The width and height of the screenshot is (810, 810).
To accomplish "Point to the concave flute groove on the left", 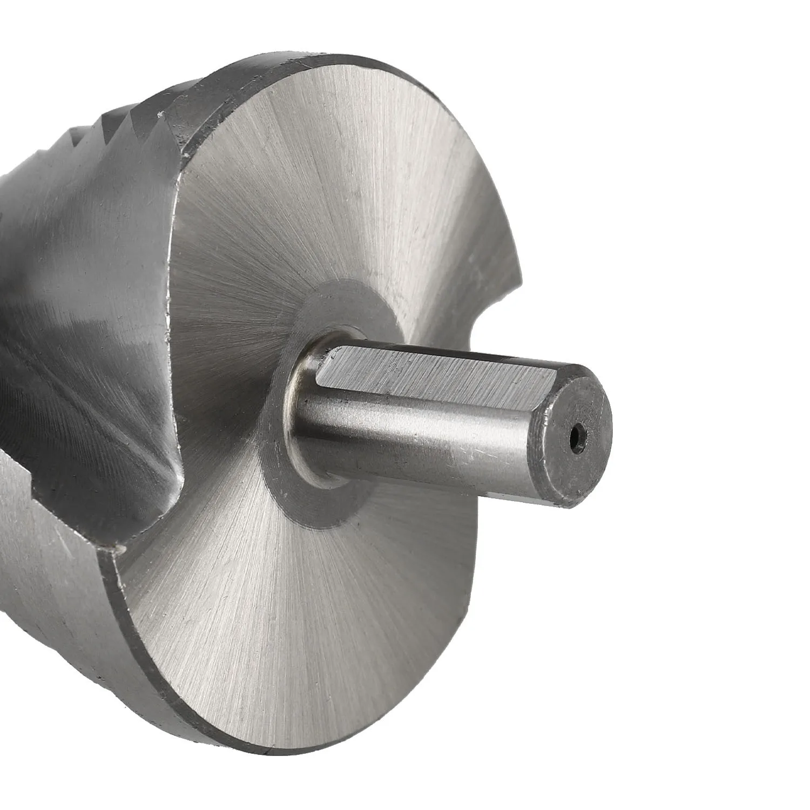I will click(x=81, y=389).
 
